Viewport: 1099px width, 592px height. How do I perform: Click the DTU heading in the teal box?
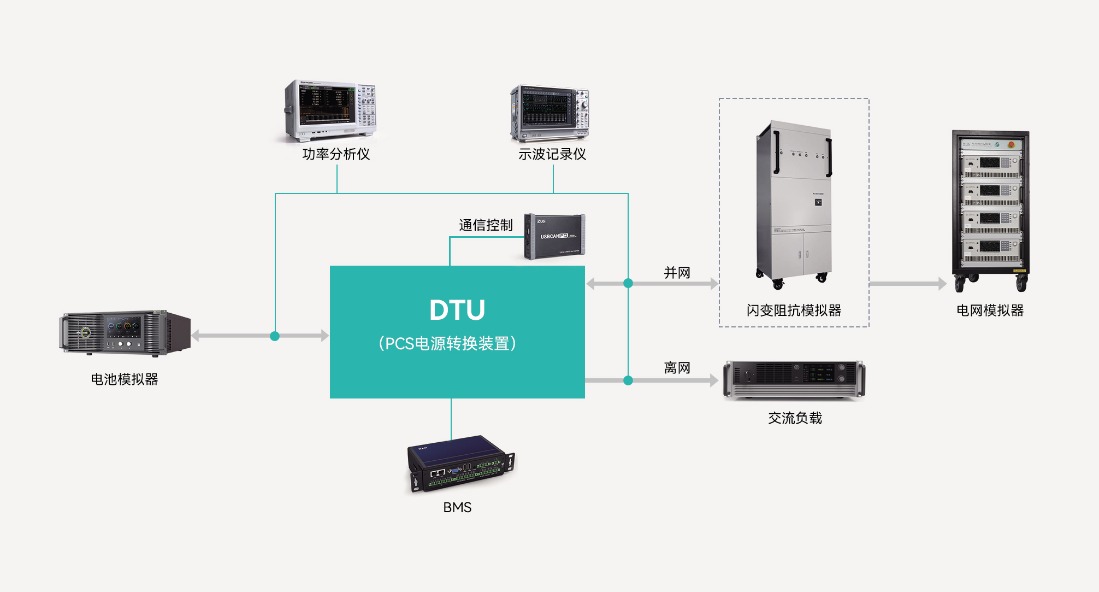click(x=457, y=310)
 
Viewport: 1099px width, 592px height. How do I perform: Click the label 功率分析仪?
click(x=336, y=154)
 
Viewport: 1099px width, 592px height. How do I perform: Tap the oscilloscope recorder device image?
click(x=550, y=114)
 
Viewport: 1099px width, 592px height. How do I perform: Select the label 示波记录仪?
click(x=552, y=154)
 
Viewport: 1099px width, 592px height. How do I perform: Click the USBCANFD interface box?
click(x=554, y=237)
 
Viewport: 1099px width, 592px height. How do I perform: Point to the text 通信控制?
click(x=486, y=225)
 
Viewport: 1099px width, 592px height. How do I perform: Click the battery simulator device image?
click(x=125, y=333)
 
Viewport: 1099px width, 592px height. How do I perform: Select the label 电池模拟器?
click(x=125, y=379)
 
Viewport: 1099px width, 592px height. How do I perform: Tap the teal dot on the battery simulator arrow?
click(x=275, y=336)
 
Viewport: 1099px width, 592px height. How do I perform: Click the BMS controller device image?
click(x=461, y=464)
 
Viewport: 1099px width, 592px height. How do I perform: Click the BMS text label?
click(x=457, y=507)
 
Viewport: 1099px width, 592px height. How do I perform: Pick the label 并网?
click(x=677, y=273)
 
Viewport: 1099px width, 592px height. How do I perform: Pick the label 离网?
click(x=677, y=368)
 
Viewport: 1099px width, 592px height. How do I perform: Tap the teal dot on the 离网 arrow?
click(x=628, y=380)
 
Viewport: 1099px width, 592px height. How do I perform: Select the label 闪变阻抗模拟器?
click(x=794, y=310)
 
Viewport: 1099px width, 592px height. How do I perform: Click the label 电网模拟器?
click(x=990, y=310)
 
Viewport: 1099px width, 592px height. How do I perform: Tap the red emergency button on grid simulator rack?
click(x=1011, y=144)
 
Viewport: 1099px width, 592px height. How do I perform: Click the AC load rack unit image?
click(x=794, y=379)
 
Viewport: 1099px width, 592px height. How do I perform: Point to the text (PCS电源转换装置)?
click(x=447, y=343)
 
